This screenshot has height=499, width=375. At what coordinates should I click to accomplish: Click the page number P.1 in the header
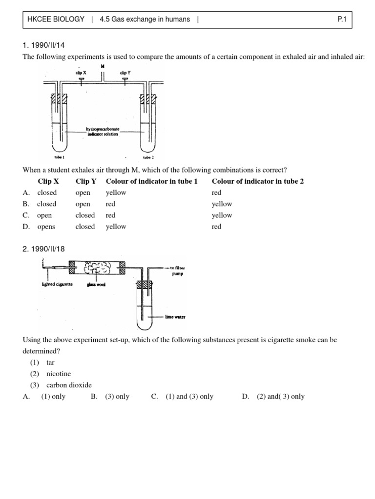(341, 19)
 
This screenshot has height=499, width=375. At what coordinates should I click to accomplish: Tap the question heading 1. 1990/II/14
(44, 45)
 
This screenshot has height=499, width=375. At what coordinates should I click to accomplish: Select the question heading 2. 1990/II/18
(44, 249)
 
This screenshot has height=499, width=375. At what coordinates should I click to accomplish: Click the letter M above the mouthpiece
(103, 66)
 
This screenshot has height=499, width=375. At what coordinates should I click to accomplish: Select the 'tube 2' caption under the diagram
(148, 158)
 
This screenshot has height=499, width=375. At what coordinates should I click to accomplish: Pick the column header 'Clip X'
(48, 181)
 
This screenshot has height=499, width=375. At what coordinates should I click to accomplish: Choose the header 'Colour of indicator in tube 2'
(257, 181)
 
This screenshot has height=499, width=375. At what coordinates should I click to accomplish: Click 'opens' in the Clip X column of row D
(46, 227)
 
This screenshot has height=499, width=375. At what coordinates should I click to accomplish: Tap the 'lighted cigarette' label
(57, 284)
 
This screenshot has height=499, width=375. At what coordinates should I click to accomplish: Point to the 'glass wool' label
(97, 285)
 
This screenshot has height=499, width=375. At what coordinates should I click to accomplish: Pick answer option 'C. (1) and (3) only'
(183, 396)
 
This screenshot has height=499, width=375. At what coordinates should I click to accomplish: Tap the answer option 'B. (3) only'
(110, 396)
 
